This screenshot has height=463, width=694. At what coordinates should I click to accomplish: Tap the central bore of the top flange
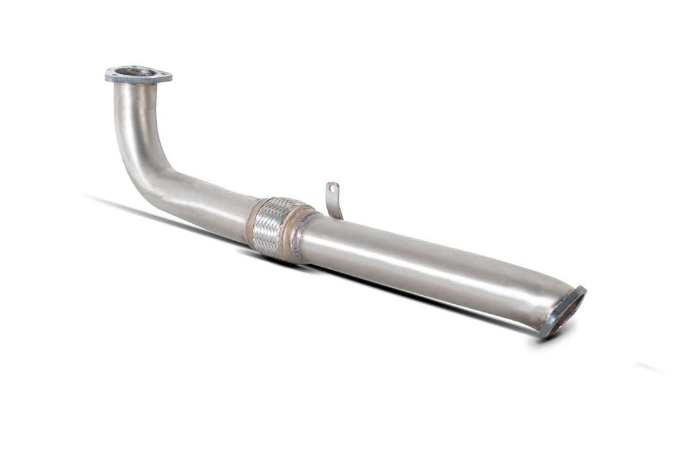tap(137, 72)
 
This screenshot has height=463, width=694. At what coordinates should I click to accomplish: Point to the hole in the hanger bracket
tap(332, 188)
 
